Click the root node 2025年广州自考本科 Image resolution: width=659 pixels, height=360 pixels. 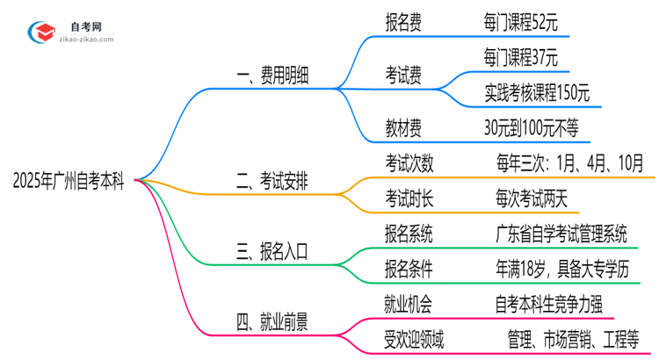click(68, 182)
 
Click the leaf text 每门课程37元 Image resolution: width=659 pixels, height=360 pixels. click(521, 59)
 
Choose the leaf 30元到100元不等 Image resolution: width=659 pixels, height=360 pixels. click(531, 129)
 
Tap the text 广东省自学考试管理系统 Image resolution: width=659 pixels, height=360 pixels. click(561, 234)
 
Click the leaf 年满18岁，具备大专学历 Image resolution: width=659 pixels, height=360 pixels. click(562, 268)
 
